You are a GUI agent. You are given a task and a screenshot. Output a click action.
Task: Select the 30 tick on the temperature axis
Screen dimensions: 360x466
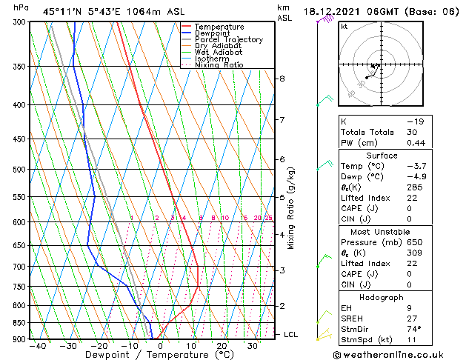[x=253, y=346]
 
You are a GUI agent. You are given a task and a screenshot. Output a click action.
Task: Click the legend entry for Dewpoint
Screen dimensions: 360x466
[x=213, y=33]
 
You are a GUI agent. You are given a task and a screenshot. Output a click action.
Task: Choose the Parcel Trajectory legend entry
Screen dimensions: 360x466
[x=228, y=40]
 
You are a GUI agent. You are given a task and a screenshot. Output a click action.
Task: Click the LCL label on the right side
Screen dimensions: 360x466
[x=291, y=335]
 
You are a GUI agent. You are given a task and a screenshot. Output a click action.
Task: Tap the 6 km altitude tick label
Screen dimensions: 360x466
[x=282, y=159]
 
